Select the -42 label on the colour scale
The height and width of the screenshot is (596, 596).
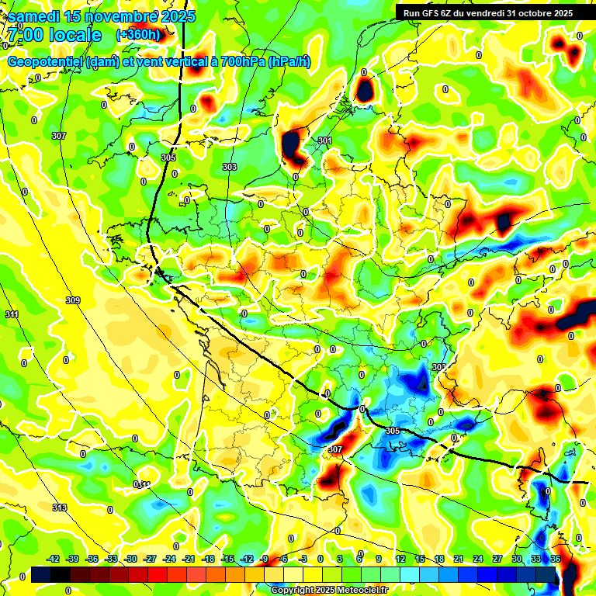click(x=54, y=559)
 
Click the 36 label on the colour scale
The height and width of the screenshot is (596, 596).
click(x=556, y=559)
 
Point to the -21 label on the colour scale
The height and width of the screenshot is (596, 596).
click(x=189, y=559)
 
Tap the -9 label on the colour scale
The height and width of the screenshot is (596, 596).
click(x=264, y=559)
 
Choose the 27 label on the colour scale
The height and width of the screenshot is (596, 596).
click(x=497, y=559)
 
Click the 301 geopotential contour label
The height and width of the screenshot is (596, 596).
click(x=324, y=140)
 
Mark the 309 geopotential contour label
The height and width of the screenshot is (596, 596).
click(x=73, y=300)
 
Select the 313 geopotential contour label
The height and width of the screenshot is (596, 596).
click(x=60, y=508)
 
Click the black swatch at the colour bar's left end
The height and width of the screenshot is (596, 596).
click(x=40, y=574)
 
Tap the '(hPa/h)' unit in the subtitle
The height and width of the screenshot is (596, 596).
click(x=289, y=62)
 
